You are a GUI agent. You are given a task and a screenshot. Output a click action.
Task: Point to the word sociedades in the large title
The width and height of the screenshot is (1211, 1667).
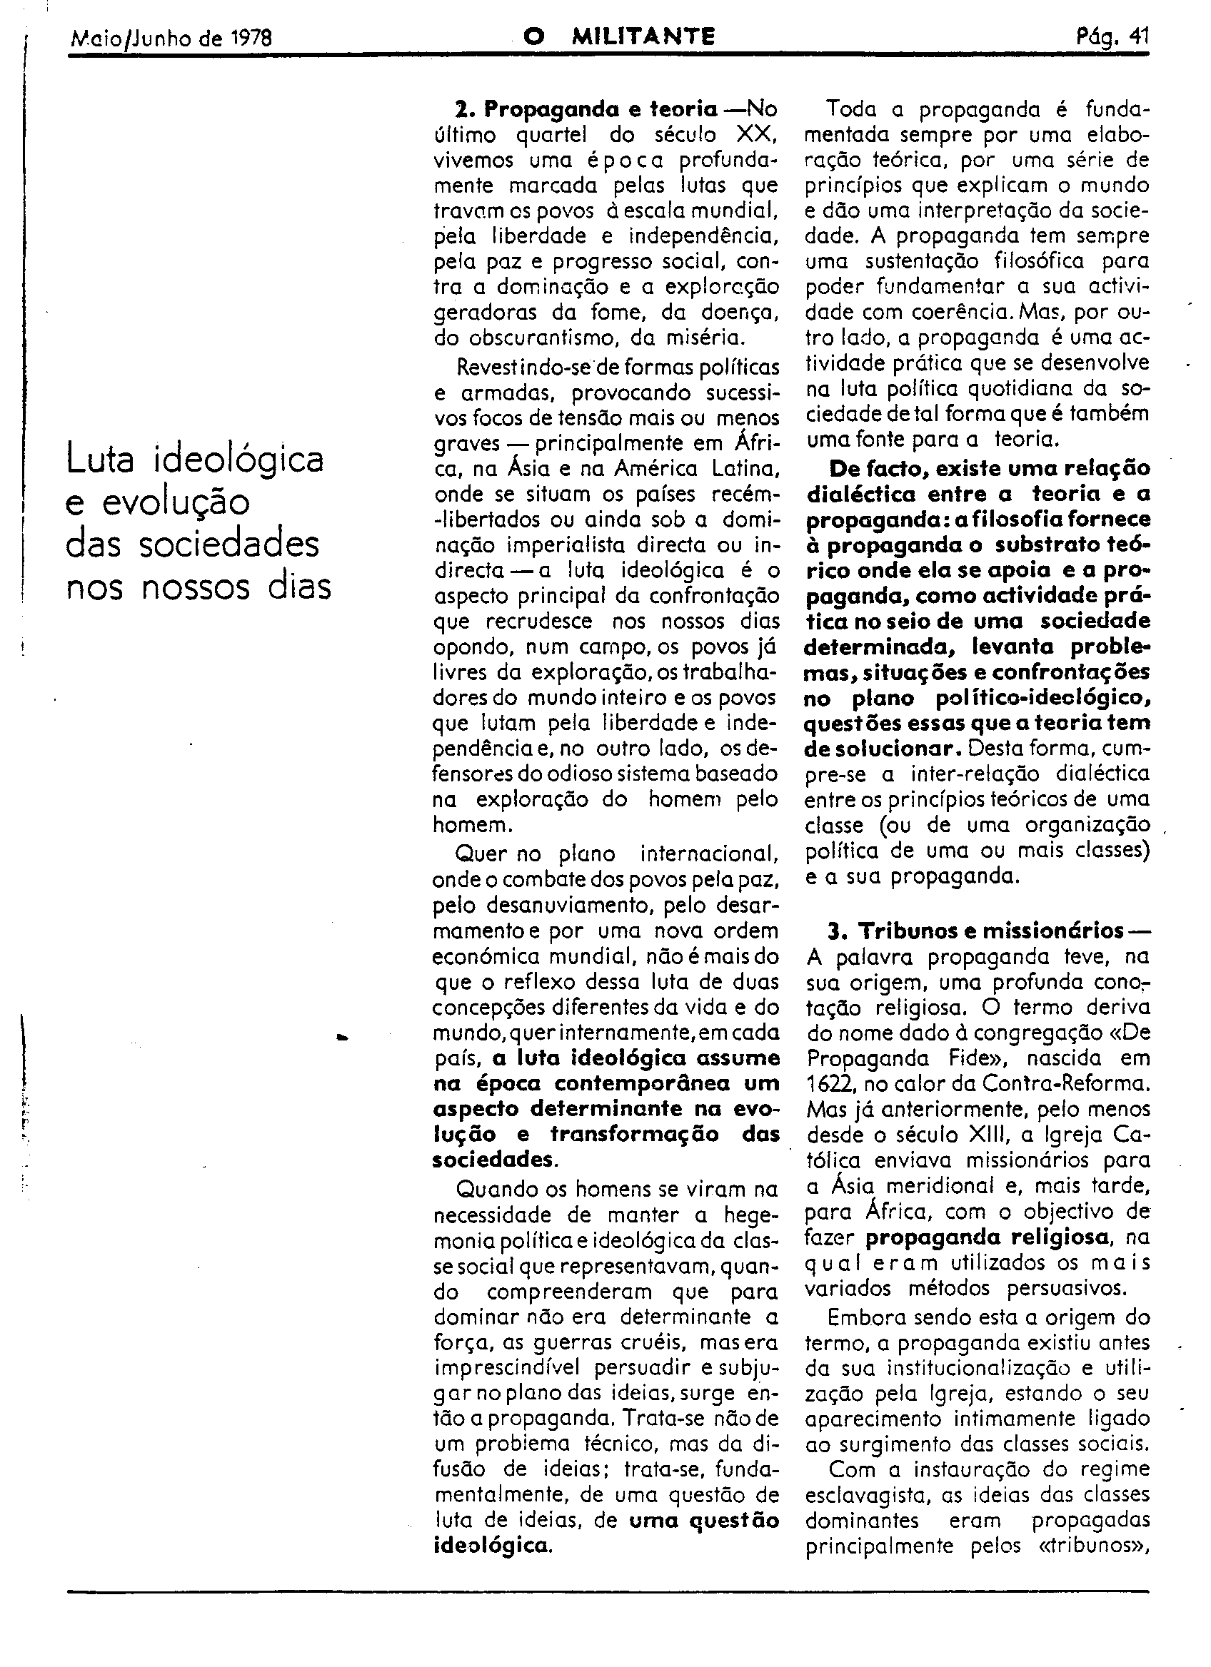[x=228, y=545]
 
